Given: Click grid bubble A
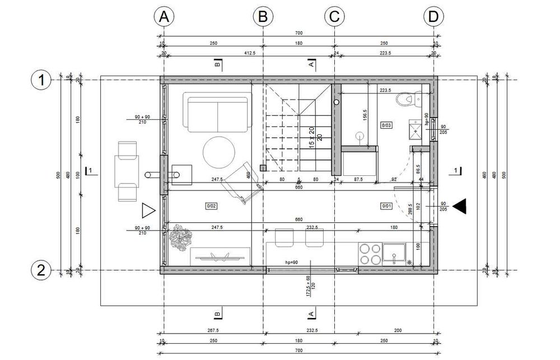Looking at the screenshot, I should pos(164,17).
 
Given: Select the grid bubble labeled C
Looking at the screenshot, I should pos(334,17).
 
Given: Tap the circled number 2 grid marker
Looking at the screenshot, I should pos(40,270).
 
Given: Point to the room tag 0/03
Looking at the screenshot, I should pos(387,124).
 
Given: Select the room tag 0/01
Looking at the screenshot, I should pos(387,206).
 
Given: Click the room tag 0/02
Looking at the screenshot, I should pos(211,206).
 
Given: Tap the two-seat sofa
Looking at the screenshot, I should pos(217,114).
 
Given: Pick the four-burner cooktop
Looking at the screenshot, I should pos(369,254).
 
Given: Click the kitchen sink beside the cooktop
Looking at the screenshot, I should pos(395,254).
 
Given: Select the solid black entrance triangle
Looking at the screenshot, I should pos(460,206).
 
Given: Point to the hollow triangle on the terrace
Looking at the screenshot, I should pos(148,211).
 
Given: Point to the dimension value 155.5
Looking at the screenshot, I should pos(365,115).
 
